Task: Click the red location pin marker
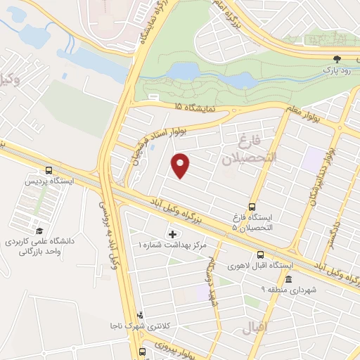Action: point(181,165)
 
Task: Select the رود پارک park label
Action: point(336,71)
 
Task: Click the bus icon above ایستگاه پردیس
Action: point(49,170)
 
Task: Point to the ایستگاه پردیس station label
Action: point(49,181)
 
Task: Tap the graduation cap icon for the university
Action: point(39,231)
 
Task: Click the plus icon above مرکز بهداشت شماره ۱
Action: point(172,233)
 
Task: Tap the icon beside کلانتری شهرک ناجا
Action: point(141,315)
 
